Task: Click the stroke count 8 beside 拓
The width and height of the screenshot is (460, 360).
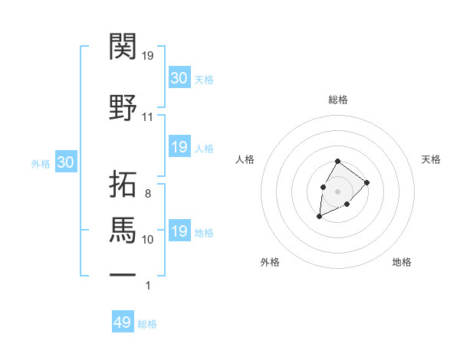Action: coord(147,194)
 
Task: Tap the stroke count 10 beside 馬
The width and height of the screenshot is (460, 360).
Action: coord(148,239)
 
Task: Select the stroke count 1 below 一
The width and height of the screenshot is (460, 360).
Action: coord(148,286)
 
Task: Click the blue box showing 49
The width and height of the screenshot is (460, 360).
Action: coord(123,322)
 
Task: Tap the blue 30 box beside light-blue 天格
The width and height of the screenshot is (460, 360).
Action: coord(179,78)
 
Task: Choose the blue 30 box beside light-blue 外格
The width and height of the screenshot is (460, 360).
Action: coord(65,163)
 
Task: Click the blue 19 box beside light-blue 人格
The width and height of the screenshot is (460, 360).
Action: coord(179,147)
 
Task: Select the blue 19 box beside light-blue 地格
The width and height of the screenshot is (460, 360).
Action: coord(179,231)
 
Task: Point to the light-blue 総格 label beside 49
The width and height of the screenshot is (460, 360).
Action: coord(147,324)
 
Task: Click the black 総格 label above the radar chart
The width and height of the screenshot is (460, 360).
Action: coord(337,100)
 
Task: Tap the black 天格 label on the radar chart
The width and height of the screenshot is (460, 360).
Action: coord(431,159)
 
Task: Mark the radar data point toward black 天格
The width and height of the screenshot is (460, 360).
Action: coord(367,182)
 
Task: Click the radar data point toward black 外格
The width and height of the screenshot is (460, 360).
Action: coord(319,218)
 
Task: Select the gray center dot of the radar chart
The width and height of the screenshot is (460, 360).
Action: coord(337,191)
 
